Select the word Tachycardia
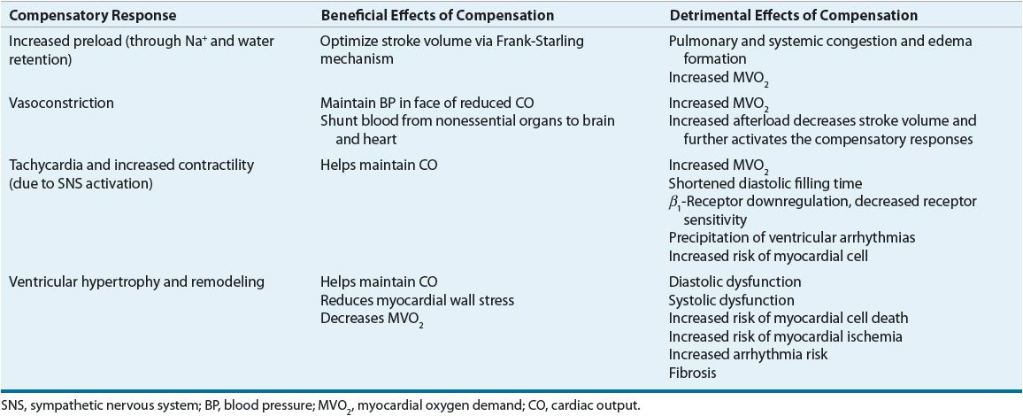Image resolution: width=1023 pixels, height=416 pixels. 43,164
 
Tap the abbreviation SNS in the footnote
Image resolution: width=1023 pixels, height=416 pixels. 12,404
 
